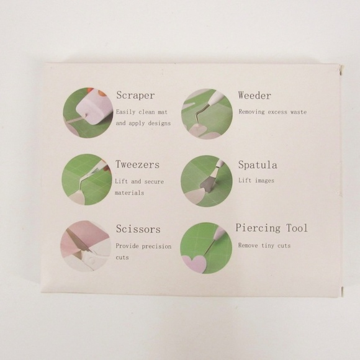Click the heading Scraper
[x=135, y=96]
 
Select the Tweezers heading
[x=137, y=165]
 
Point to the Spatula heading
[x=258, y=165]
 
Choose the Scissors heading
[x=138, y=229]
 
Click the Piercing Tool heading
[x=271, y=228]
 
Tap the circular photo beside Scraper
[x=88, y=112]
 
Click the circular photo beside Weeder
[x=206, y=112]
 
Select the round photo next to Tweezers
[x=88, y=179]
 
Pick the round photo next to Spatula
[x=206, y=181]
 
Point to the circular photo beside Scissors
[x=88, y=246]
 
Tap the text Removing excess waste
[x=272, y=112]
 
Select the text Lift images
[x=256, y=181]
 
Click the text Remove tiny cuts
[x=264, y=245]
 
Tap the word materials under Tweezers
[x=130, y=193]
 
